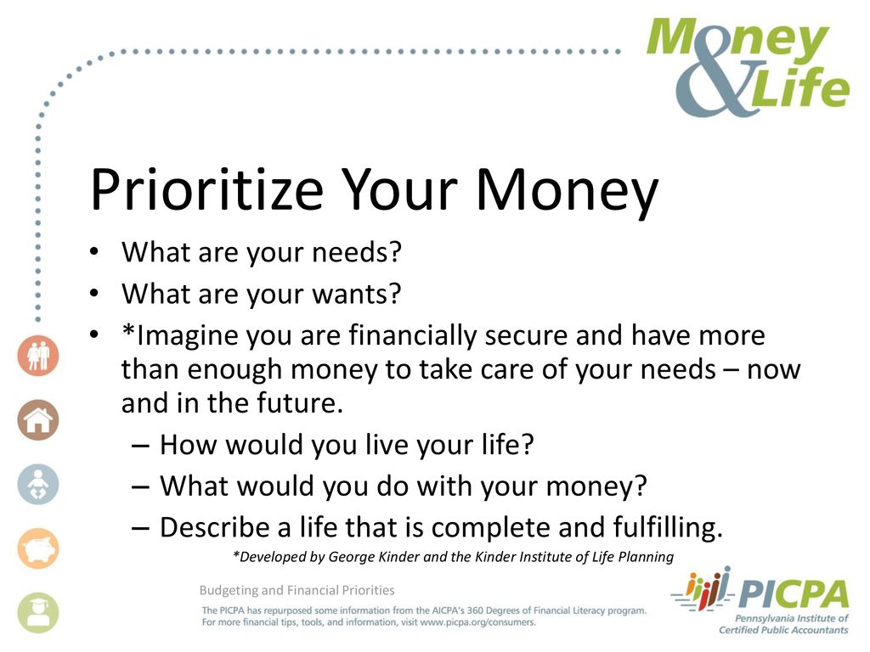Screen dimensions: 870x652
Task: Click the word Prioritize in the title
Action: pos(207,189)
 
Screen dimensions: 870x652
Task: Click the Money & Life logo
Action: pos(748,67)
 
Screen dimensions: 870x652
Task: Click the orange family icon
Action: pos(37,356)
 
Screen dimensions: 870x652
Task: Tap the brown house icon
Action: pos(37,419)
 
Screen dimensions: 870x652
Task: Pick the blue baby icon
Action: pos(37,484)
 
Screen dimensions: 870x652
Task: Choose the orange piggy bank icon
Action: pos(37,548)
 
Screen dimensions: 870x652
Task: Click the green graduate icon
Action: pos(37,613)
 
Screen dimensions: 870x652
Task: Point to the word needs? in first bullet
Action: pos(356,252)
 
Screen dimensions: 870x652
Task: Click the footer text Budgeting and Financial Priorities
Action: pos(297,591)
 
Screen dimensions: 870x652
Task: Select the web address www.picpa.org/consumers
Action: pos(477,622)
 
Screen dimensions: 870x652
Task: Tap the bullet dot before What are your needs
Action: pos(94,252)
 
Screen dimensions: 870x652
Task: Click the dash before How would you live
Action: pos(140,445)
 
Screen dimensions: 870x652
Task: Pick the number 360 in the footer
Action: pos(476,610)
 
